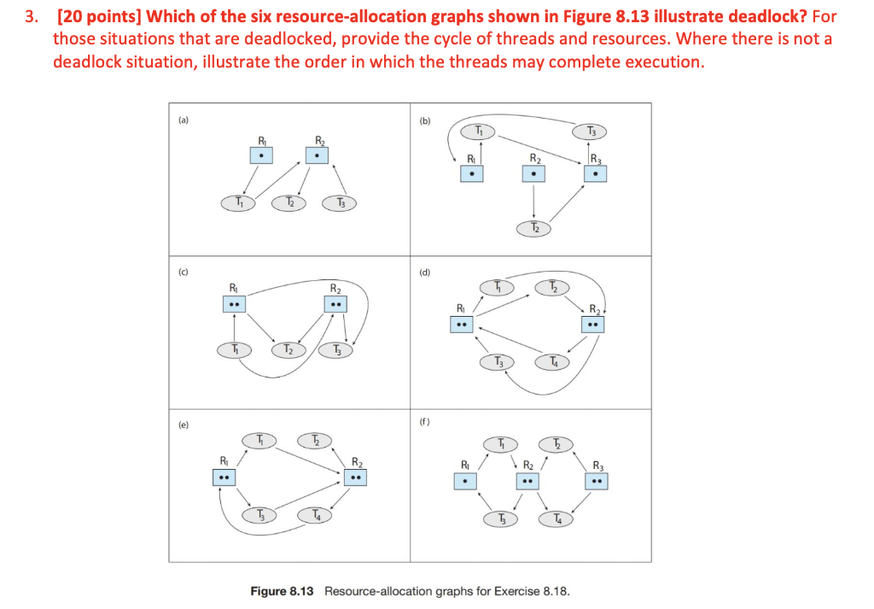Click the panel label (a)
(x=182, y=121)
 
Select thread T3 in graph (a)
(x=340, y=203)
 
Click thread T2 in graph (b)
(x=534, y=228)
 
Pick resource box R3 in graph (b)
(x=596, y=173)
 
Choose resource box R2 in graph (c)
(x=336, y=304)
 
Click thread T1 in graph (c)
(x=234, y=349)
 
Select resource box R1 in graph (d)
(x=461, y=325)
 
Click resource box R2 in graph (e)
(x=357, y=478)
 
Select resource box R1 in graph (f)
(x=465, y=482)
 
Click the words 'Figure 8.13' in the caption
(x=283, y=591)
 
